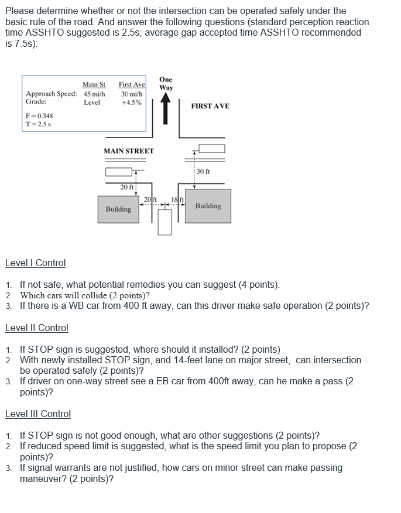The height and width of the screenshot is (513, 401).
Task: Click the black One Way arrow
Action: click(166, 109)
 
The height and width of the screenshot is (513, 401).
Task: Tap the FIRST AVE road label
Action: click(210, 106)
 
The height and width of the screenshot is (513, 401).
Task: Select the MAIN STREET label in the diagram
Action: click(129, 151)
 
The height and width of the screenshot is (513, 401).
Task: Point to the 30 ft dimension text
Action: click(204, 171)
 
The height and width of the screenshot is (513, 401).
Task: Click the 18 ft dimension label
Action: click(177, 200)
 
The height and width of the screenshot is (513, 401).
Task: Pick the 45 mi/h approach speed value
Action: click(94, 94)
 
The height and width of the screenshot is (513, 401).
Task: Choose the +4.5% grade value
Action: click(131, 102)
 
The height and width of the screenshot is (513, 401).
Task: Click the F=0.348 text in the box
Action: click(39, 116)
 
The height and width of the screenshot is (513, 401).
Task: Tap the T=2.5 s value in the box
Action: click(38, 124)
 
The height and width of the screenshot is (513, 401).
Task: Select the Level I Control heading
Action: click(35, 263)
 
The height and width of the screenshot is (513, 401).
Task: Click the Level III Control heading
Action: click(38, 414)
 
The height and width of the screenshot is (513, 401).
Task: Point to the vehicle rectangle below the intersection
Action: click(165, 222)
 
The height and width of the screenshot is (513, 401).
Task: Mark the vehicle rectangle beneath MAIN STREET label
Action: click(119, 172)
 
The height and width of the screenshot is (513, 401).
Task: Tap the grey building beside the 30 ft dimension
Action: click(208, 206)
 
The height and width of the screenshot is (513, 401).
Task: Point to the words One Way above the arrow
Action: click(166, 84)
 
